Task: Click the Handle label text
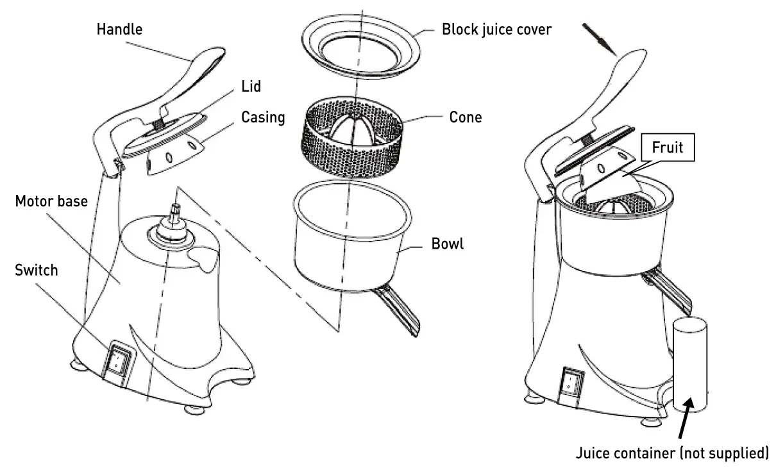click(119, 29)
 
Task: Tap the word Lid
click(251, 86)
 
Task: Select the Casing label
click(263, 117)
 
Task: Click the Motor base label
click(51, 202)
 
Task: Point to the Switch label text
click(36, 270)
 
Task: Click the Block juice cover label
click(496, 29)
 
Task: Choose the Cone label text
click(466, 118)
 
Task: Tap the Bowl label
click(448, 244)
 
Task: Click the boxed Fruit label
click(667, 147)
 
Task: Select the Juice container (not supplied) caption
click(671, 453)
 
